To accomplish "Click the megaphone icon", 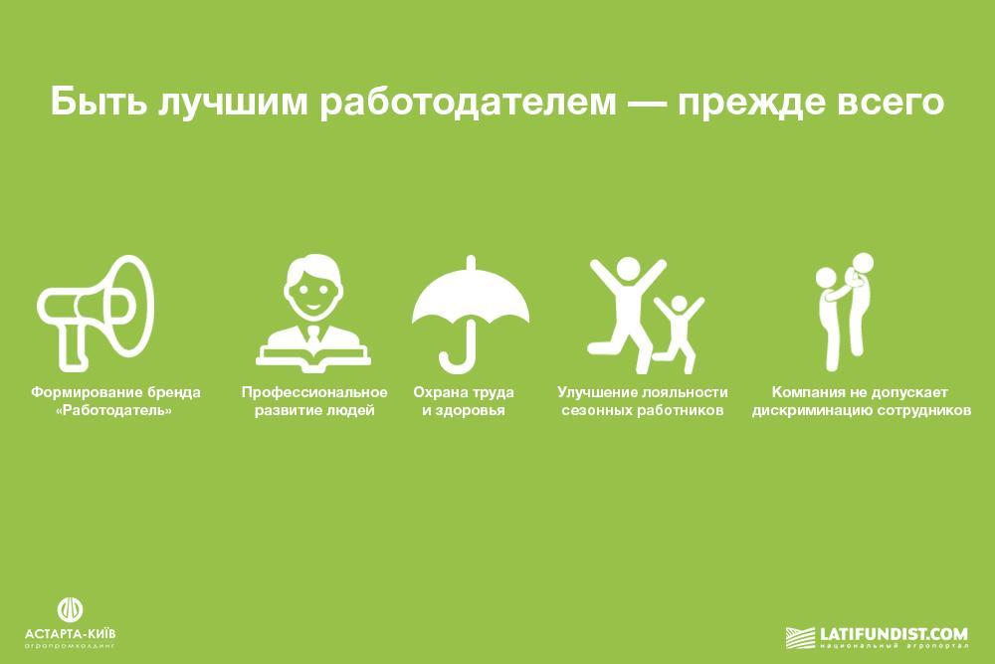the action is [x=96, y=313].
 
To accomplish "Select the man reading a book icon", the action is [x=313, y=314].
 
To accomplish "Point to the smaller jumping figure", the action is [x=679, y=333].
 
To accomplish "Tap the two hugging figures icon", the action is [x=844, y=312].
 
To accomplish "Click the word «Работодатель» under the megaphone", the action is [x=114, y=411].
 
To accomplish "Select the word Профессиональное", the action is [x=314, y=392].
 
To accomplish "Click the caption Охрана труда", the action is [x=464, y=392].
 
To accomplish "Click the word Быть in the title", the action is [x=98, y=102].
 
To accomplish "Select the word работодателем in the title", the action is [x=469, y=103].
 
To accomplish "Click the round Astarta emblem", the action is [x=71, y=609].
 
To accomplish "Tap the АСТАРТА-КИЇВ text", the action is [x=71, y=633].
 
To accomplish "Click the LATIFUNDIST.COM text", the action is [x=895, y=633].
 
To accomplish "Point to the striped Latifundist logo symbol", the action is [x=800, y=638].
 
